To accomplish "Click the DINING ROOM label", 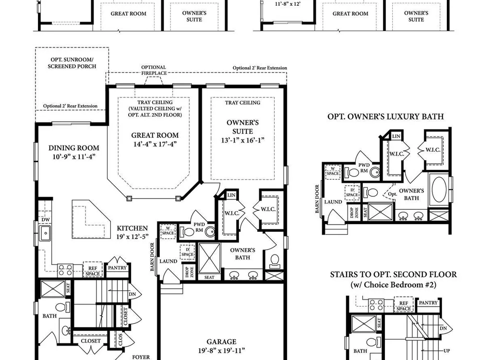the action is tap(74, 148).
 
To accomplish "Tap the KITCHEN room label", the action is tap(132, 228).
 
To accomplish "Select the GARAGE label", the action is tap(221, 342).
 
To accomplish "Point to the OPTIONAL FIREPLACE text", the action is tap(154, 70).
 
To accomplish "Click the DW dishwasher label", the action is tap(46, 220).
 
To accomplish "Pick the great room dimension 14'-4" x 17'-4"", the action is tap(155, 144).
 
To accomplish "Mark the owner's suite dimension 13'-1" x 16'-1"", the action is tap(243, 140).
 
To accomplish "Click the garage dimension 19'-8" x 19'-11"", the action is tap(221, 350).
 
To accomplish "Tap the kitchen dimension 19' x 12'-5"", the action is tap(132, 237).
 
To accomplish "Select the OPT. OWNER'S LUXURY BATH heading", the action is tap(385, 117).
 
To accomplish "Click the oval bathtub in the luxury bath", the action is tap(439, 188).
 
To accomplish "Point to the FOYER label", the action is tap(141, 357).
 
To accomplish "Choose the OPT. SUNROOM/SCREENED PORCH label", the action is tap(72, 63).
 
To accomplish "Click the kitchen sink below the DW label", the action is tap(45, 233).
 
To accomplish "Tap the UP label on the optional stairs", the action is tap(446, 351).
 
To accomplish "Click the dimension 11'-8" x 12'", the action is tap(288, 4).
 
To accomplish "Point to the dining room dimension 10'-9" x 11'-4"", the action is tap(74, 157).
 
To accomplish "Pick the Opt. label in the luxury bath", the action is tap(393, 194).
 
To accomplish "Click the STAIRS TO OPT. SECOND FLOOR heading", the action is tap(394, 275).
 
